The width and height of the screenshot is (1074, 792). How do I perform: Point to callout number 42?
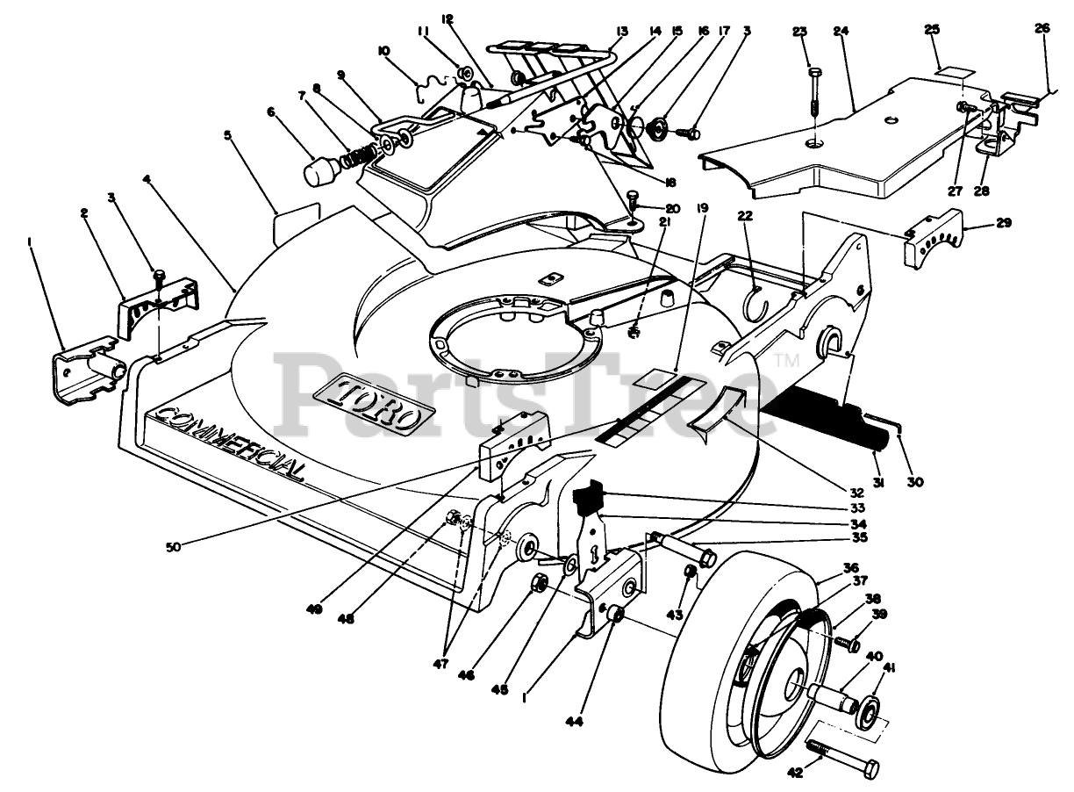(796, 774)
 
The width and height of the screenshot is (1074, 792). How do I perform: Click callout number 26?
(1042, 27)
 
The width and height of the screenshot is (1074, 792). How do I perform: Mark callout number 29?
(1003, 224)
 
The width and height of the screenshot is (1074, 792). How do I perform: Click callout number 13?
(621, 31)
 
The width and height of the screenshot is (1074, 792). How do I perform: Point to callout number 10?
(383, 52)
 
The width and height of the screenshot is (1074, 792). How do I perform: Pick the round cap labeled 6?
(322, 169)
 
